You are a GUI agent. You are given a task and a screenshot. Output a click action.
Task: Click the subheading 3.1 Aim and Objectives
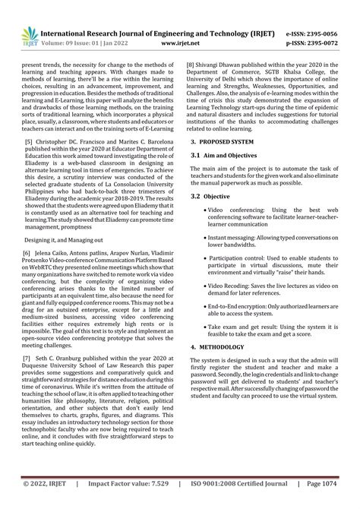222,155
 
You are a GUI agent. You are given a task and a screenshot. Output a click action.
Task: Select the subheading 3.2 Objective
212,196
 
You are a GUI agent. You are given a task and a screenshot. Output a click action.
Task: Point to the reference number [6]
27,251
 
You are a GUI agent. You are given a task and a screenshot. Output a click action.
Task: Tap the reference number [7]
27,357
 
